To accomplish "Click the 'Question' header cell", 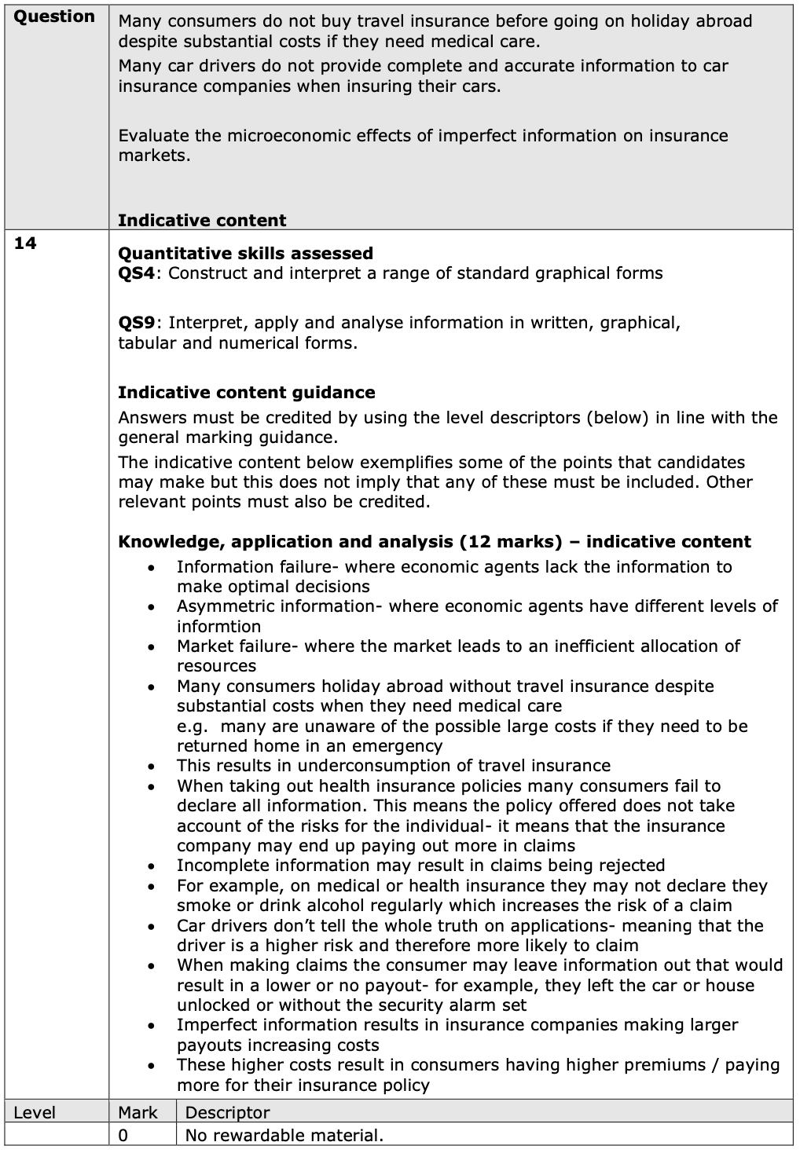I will (x=54, y=17).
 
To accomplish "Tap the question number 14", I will (x=25, y=243).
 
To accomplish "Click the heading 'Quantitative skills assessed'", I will (x=245, y=254).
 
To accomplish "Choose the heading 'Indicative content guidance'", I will (x=246, y=393).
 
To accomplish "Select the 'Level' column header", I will (x=35, y=1113).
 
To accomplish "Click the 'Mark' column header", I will (x=138, y=1113).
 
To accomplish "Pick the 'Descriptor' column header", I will (x=227, y=1113).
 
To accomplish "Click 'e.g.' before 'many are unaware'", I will (x=192, y=727).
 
